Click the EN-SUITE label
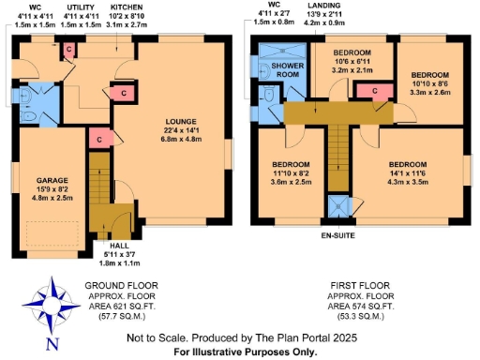click(x=338, y=235)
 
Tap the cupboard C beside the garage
click(x=98, y=139)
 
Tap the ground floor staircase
click(x=98, y=184)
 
